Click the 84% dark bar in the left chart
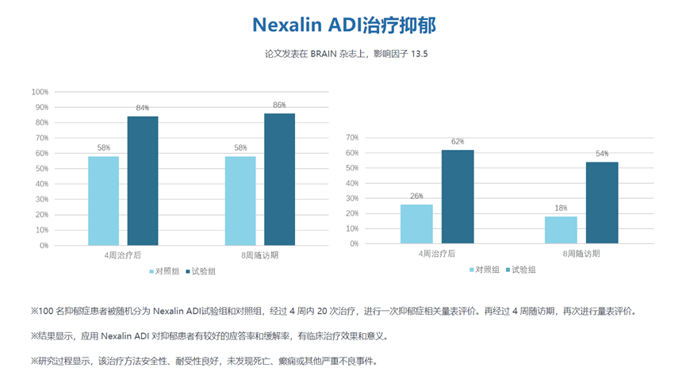tap(143, 181)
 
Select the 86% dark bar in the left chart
tap(279, 179)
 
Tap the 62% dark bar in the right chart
tap(458, 197)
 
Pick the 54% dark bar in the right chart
tap(601, 203)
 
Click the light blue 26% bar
tap(416, 224)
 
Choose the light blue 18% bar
tap(561, 230)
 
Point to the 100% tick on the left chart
tap(40, 92)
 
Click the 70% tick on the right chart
tap(351, 138)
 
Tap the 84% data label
tap(143, 108)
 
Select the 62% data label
tap(458, 142)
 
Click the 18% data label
tap(561, 209)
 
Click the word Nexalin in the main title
tap(286, 25)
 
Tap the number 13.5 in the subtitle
tap(424, 54)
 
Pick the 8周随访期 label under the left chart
tap(259, 256)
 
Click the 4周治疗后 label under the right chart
tap(437, 254)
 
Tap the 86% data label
tap(279, 105)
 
